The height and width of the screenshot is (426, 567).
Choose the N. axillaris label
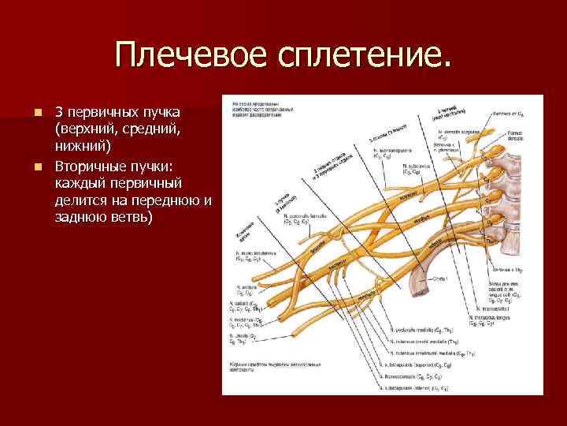click(x=243, y=286)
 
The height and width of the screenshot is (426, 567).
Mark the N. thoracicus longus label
click(x=491, y=316)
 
